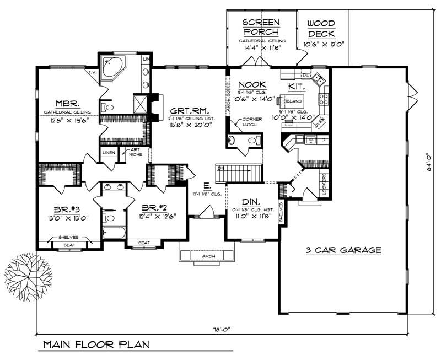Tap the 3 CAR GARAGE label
click(x=343, y=250)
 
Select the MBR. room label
click(x=66, y=103)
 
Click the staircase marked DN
click(x=239, y=174)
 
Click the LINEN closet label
click(x=107, y=152)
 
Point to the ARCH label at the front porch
click(x=207, y=256)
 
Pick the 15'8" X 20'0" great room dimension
click(x=190, y=125)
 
